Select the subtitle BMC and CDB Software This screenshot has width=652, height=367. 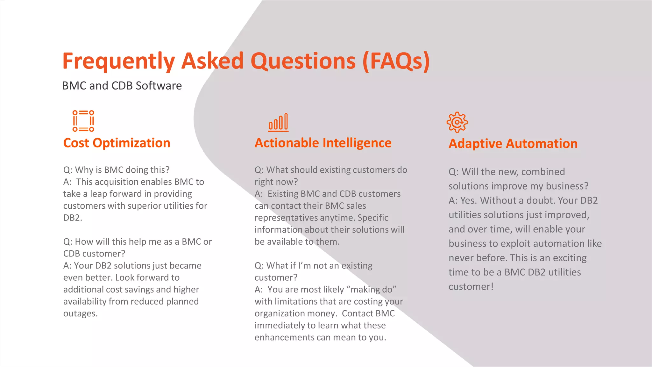122,86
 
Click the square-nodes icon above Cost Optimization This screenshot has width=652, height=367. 83,121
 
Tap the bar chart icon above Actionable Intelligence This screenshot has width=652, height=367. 278,122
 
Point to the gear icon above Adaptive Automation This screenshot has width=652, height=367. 457,122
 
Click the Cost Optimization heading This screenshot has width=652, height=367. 117,143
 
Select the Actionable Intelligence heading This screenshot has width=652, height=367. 323,143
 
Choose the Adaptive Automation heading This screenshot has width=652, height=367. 513,144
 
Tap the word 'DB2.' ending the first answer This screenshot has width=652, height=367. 73,218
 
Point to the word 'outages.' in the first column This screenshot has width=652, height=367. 80,313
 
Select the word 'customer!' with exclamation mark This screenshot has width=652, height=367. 471,287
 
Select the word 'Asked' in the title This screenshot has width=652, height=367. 212,61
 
